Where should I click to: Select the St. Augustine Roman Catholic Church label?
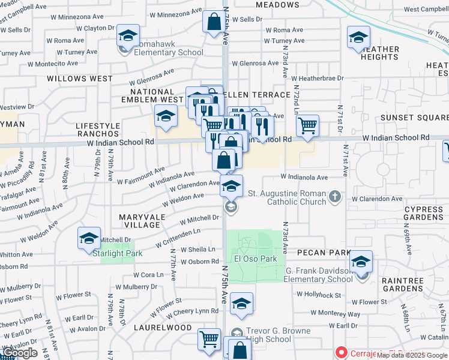coord(286,197)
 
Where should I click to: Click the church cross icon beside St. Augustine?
coord(336,196)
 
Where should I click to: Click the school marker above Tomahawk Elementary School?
coord(128,35)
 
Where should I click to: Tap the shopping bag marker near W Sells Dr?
coord(214,23)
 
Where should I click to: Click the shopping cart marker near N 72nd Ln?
coord(307,126)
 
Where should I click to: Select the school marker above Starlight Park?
coord(89,239)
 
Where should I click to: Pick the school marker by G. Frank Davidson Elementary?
coord(361,262)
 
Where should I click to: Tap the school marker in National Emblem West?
coord(166,116)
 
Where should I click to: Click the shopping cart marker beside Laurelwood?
coord(208,339)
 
